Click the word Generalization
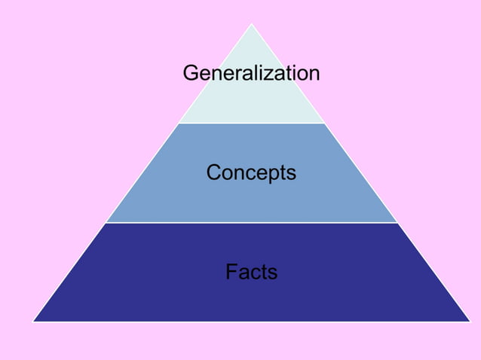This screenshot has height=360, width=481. pyautogui.click(x=251, y=73)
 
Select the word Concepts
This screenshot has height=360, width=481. pyautogui.click(x=251, y=172)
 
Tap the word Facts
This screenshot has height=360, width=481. pyautogui.click(x=251, y=271)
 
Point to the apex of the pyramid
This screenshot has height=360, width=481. pyautogui.click(x=251, y=24)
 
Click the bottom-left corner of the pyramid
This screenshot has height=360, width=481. pyautogui.click(x=33, y=321)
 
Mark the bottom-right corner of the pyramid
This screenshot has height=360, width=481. pyautogui.click(x=470, y=321)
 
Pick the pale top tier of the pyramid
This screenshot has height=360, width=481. pyautogui.click(x=251, y=102)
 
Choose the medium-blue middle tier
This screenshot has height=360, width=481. pyautogui.click(x=251, y=200)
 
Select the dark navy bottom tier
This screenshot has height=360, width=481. pyautogui.click(x=251, y=297)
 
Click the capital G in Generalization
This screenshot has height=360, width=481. pyautogui.click(x=191, y=73)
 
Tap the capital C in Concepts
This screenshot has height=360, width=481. pyautogui.click(x=214, y=172)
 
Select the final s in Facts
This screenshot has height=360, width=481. pyautogui.click(x=272, y=272)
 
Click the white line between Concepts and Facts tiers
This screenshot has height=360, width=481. pyautogui.click(x=251, y=222)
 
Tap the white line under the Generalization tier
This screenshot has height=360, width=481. pyautogui.click(x=251, y=123)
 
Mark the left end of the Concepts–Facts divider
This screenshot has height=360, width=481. pyautogui.click(x=106, y=222)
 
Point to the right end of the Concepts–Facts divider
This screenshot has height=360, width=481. pyautogui.click(x=397, y=222)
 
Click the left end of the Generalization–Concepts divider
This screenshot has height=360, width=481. pyautogui.click(x=179, y=123)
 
